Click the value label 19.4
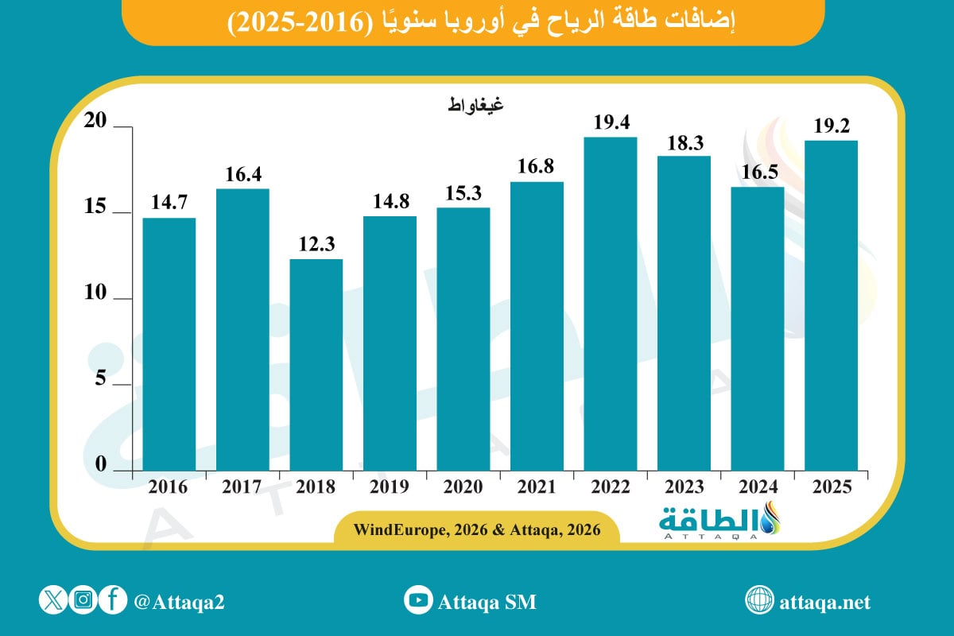(611, 123)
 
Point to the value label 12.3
(316, 245)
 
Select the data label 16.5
(758, 173)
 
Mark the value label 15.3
(463, 193)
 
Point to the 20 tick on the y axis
(97, 120)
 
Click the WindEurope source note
(477, 528)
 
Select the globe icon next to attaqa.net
(759, 601)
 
